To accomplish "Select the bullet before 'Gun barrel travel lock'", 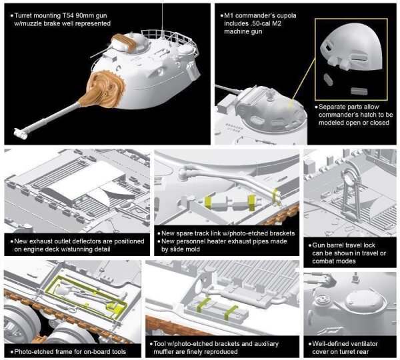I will (308, 245).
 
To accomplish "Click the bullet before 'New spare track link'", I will (158, 234).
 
